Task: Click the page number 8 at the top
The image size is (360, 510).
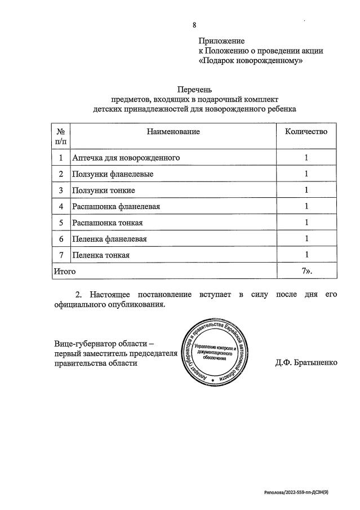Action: (x=194, y=25)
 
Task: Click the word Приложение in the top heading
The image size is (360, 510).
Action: (x=221, y=41)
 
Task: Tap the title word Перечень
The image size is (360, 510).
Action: (x=194, y=89)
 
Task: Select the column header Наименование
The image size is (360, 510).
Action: (x=174, y=131)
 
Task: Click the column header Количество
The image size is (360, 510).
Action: (x=306, y=131)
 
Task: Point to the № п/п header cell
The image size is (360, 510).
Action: (x=60, y=136)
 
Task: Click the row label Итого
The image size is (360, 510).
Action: (x=64, y=271)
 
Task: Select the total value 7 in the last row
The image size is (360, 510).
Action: (x=305, y=271)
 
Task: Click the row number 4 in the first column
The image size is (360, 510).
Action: (x=60, y=207)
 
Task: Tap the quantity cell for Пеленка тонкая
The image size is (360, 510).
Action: (x=306, y=255)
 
